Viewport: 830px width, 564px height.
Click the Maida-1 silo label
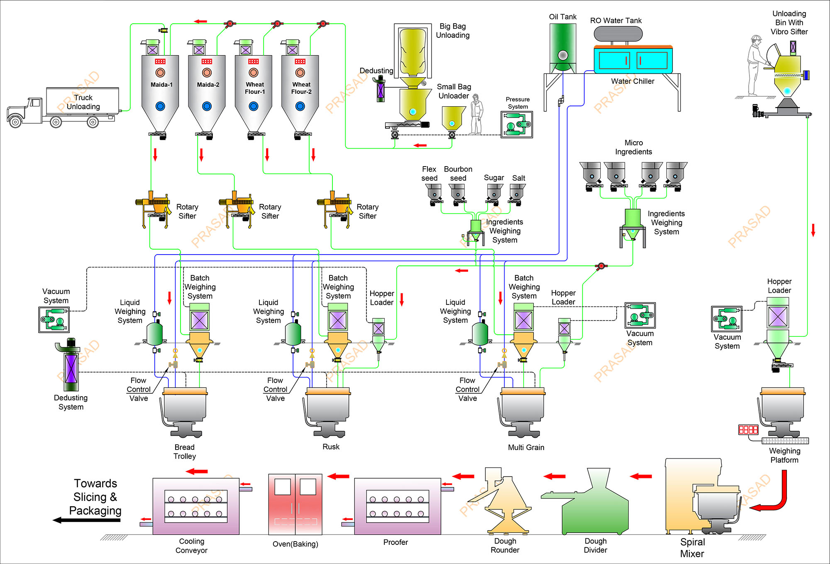point(161,85)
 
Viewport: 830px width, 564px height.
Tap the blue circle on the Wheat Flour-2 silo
point(300,106)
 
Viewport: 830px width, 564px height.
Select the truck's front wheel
point(15,122)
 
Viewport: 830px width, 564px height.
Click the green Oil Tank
point(563,48)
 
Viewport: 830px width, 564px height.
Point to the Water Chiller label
point(632,81)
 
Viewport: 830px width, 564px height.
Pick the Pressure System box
point(517,125)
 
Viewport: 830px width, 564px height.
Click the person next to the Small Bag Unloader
point(476,114)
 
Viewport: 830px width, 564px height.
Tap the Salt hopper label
point(518,178)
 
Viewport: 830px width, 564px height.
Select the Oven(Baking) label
point(295,544)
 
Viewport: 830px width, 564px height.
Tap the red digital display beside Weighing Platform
point(748,429)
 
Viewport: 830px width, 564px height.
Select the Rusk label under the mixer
point(331,447)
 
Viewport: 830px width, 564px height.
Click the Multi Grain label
point(526,447)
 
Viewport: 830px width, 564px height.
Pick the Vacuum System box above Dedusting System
point(54,320)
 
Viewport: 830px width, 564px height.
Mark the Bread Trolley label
point(184,451)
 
